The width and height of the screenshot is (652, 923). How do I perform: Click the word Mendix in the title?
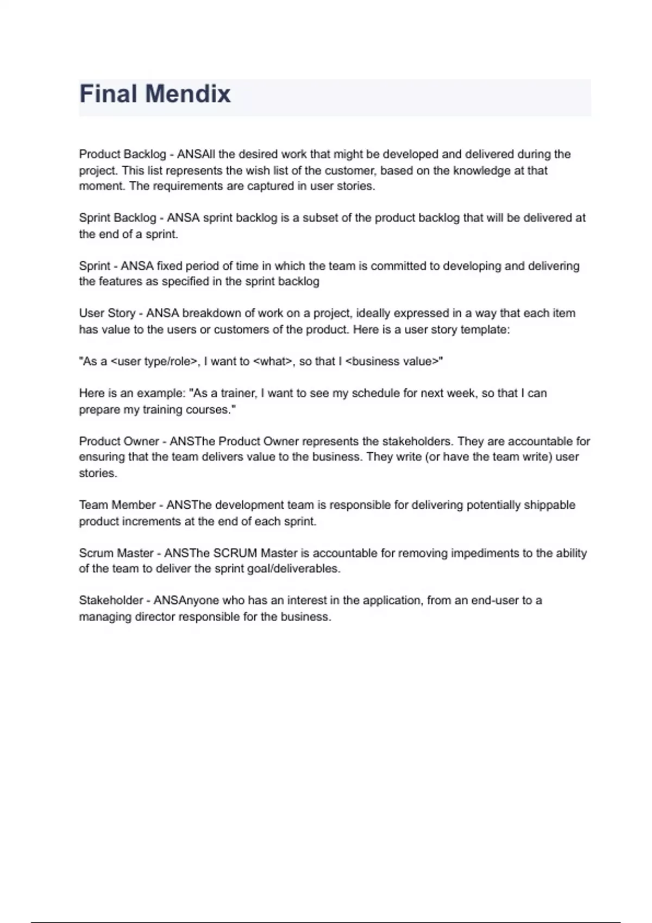coord(188,94)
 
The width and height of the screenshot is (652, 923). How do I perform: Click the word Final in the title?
coord(108,94)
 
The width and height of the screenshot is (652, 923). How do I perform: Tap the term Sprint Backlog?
coord(117,218)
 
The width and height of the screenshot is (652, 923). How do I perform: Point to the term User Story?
coord(107,313)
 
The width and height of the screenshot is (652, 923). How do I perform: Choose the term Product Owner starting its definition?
coord(119,441)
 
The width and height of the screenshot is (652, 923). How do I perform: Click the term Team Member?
coord(117,505)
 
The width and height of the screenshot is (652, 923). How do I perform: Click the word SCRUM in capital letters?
coord(235,553)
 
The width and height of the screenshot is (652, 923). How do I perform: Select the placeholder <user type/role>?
coord(154,362)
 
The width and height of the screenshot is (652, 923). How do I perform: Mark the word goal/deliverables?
coord(296,569)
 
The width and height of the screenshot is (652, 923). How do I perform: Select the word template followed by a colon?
coord(485,330)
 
